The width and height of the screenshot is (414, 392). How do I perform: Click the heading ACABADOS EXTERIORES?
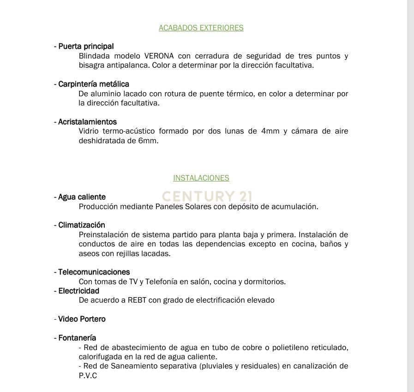(201, 28)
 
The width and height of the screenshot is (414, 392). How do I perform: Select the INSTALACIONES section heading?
(201, 178)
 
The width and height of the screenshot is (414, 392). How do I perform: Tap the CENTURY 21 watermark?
(207, 196)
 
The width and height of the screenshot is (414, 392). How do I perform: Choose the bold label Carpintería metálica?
(94, 84)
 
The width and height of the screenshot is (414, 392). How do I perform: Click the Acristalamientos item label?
(87, 122)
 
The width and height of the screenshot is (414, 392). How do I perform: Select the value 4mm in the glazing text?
(270, 131)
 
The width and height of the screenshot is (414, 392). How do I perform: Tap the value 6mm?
(148, 140)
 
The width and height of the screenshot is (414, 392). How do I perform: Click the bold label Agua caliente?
(82, 197)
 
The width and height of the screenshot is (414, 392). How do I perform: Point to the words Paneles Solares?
(187, 206)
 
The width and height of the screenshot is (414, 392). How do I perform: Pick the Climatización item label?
(82, 225)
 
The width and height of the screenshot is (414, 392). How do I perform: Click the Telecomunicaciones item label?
(94, 272)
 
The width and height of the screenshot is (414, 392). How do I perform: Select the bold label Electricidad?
(78, 291)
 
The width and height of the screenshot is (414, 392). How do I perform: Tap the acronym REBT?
(138, 300)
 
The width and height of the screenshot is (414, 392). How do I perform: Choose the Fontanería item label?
(77, 338)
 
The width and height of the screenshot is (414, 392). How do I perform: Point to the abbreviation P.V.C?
(88, 375)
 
